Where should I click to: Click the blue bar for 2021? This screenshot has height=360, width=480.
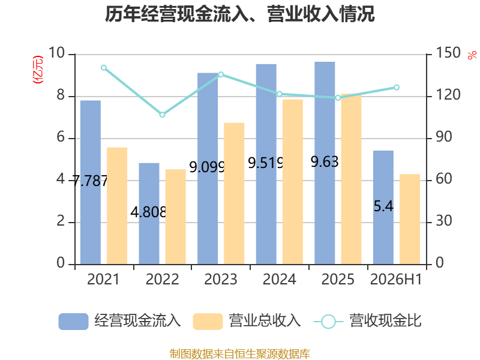tap(91, 182)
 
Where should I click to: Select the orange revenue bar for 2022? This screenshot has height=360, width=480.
tap(176, 217)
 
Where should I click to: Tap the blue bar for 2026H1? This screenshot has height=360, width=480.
tap(383, 207)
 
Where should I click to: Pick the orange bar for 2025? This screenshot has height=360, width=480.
tap(351, 179)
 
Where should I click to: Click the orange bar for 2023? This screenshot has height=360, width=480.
tap(234, 193)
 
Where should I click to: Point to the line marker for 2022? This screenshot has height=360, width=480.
tap(163, 115)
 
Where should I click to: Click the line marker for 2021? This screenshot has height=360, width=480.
tap(104, 68)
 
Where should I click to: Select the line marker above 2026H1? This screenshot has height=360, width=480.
tap(397, 88)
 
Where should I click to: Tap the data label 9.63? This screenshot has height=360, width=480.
tap(325, 161)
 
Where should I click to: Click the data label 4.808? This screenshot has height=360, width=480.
tap(148, 212)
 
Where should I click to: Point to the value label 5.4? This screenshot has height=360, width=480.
tap(383, 206)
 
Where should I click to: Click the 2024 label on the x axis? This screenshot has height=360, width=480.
tap(280, 280)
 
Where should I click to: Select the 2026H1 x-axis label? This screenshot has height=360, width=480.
tap(396, 280)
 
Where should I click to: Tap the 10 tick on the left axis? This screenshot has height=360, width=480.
tap(56, 53)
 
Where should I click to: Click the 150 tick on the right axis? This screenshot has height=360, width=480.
tap(448, 53)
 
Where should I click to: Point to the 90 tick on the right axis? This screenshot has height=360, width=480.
tap(443, 137)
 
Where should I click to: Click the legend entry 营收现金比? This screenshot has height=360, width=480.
tap(368, 321)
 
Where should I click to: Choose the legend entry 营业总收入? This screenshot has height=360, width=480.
tap(247, 321)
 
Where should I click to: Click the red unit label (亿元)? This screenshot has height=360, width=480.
tap(38, 70)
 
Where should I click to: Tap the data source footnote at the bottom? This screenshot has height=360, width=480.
tap(240, 354)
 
